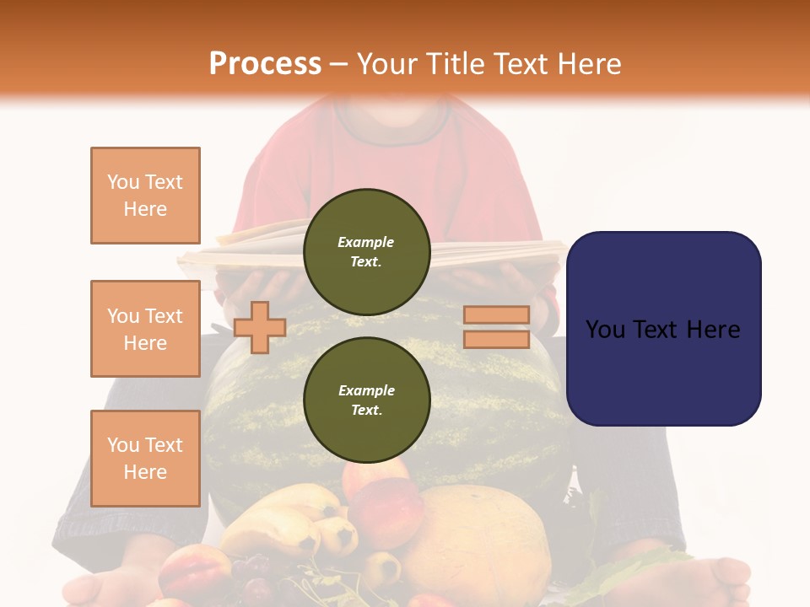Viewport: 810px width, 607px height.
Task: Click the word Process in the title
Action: click(265, 64)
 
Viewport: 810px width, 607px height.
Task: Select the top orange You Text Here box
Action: click(145, 196)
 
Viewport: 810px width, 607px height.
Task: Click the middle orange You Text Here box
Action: click(145, 329)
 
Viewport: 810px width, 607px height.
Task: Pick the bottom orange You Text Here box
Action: click(145, 458)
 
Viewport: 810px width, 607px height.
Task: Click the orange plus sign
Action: click(259, 327)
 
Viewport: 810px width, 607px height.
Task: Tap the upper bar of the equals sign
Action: click(496, 315)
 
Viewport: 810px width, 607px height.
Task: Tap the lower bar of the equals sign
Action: click(496, 340)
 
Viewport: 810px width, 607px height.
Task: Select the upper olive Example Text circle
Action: click(366, 251)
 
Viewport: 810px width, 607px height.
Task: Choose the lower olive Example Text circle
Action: click(366, 400)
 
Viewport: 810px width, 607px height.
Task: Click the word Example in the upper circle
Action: click(366, 242)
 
